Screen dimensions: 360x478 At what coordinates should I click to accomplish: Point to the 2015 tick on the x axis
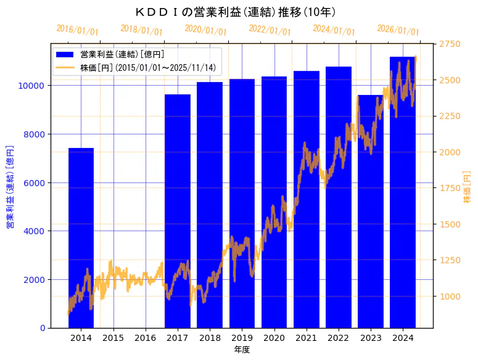click(x=113, y=338)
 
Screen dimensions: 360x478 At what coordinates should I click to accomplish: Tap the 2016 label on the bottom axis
click(x=146, y=338)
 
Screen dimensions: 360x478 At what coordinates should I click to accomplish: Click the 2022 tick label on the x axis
click(x=339, y=338)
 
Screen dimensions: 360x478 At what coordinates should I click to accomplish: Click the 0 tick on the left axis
click(x=44, y=328)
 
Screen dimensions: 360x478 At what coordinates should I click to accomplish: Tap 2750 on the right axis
click(x=451, y=44)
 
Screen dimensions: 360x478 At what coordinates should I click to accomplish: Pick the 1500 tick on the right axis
click(x=451, y=224)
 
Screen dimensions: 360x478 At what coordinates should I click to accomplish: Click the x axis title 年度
click(x=242, y=350)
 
